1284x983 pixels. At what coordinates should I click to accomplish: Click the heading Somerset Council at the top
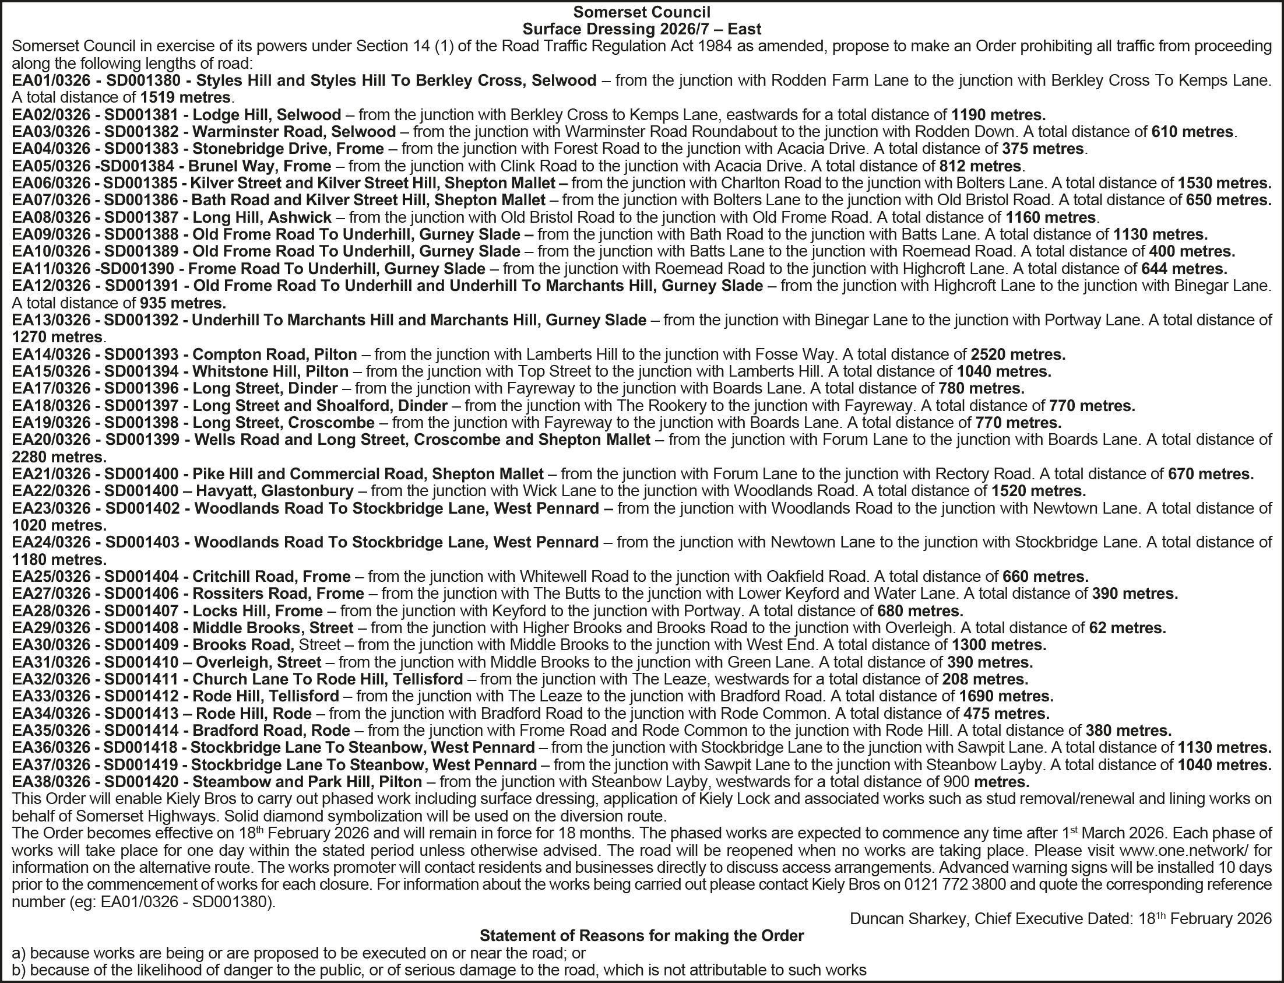(x=642, y=12)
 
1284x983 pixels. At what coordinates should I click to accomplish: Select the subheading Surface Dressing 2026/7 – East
(x=642, y=29)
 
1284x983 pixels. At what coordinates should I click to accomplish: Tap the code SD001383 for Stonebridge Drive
(x=140, y=149)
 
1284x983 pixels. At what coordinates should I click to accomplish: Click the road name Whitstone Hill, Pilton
(x=270, y=371)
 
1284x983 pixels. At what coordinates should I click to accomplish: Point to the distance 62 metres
(x=1127, y=628)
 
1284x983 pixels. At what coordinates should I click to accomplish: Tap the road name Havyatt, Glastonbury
(x=275, y=490)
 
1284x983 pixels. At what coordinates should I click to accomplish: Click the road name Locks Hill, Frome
(x=258, y=611)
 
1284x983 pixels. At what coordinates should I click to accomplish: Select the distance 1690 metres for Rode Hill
(x=1006, y=696)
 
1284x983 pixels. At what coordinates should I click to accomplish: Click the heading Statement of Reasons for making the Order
(x=642, y=936)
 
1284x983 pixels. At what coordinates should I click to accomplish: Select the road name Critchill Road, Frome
(x=272, y=577)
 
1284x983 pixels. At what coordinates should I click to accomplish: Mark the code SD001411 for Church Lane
(x=140, y=679)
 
